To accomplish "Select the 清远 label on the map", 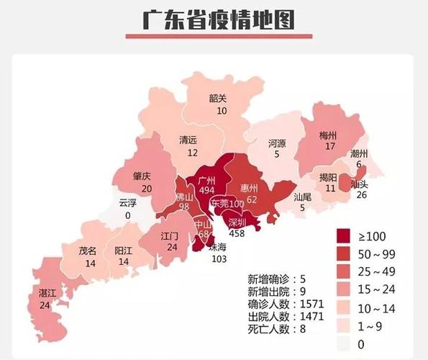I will (x=188, y=141).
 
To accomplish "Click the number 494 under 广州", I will (x=206, y=189).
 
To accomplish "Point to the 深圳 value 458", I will (x=237, y=233).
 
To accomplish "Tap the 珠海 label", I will (x=218, y=247).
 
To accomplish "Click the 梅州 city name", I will (x=329, y=135).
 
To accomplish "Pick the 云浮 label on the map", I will (x=128, y=203).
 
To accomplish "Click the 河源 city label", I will (x=277, y=143).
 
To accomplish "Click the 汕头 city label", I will (x=359, y=184).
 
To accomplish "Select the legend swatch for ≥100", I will (x=347, y=235).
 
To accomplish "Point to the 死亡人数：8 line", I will (x=278, y=328).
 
